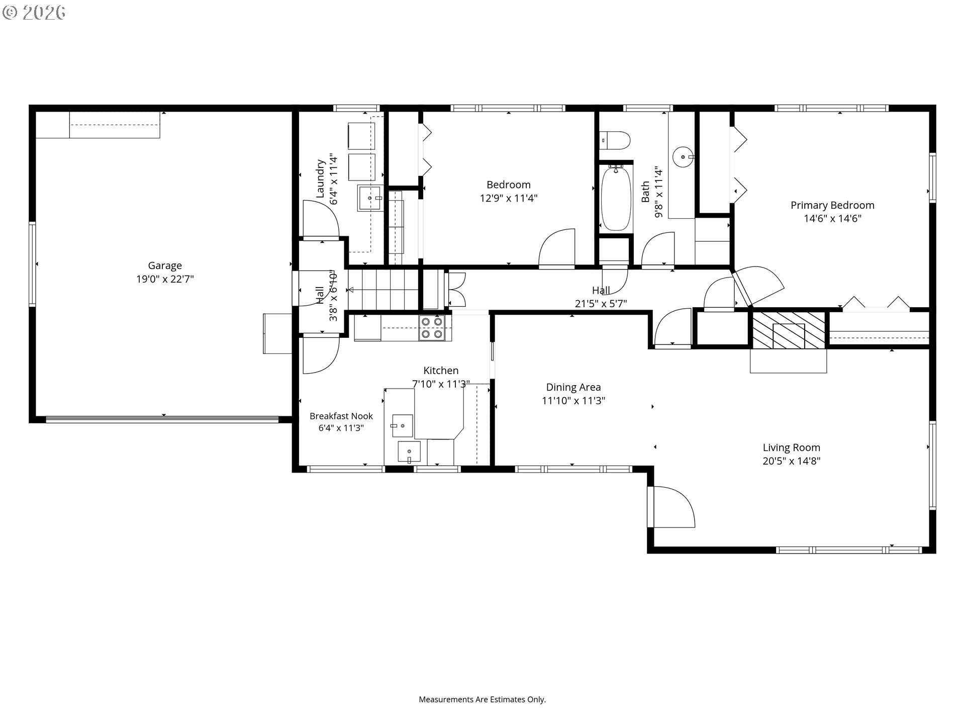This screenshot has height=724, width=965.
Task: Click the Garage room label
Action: click(x=165, y=265)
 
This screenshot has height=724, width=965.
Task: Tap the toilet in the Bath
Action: click(x=615, y=140)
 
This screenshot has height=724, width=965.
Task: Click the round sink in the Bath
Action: click(x=683, y=157)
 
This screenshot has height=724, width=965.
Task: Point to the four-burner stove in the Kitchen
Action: click(x=432, y=327)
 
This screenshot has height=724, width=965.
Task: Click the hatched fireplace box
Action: click(x=788, y=330)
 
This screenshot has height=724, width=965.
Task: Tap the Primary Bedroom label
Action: click(x=832, y=205)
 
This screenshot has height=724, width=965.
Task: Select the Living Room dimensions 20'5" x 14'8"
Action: click(x=791, y=461)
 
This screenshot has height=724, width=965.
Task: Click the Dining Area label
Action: click(x=573, y=387)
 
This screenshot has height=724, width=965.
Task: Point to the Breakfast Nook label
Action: click(x=341, y=416)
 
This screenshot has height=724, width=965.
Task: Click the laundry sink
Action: click(x=370, y=198)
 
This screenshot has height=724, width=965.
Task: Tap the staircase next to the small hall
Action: click(x=384, y=290)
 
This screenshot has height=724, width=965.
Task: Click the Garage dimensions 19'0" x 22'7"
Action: click(x=165, y=279)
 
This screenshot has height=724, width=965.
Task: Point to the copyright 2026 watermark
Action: click(x=34, y=13)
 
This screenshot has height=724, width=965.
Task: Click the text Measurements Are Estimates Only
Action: click(x=482, y=699)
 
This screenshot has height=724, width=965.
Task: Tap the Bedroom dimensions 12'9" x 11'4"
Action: click(x=509, y=198)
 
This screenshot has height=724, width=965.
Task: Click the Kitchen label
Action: click(x=441, y=371)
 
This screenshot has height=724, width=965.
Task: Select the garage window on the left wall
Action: click(x=32, y=264)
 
